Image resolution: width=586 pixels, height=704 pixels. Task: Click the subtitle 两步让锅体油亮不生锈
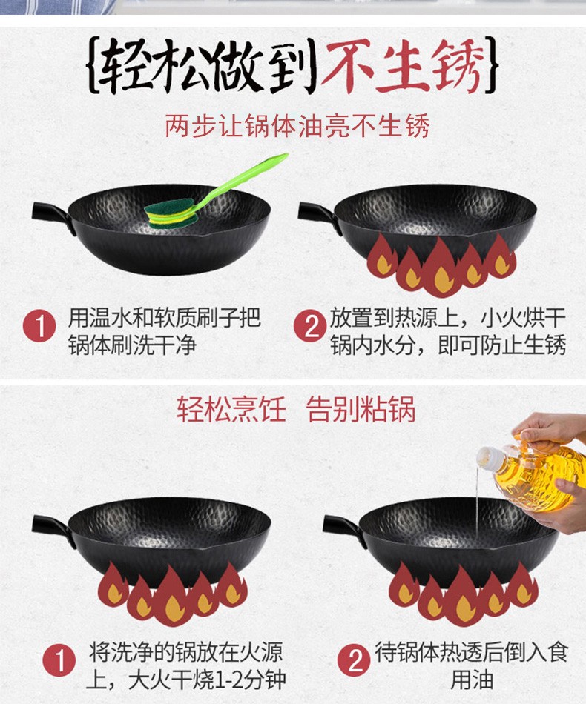[297, 126]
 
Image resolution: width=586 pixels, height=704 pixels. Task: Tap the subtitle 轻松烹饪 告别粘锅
[296, 409]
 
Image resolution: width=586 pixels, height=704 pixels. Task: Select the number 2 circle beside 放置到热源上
[310, 328]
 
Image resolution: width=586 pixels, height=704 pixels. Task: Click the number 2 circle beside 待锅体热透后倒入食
[355, 662]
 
